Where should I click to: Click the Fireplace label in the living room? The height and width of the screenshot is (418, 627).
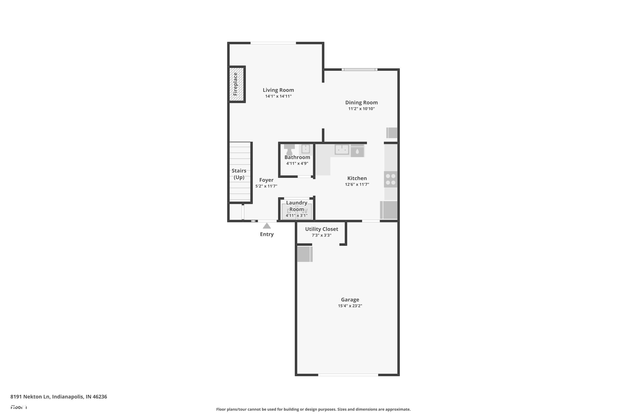(x=235, y=84)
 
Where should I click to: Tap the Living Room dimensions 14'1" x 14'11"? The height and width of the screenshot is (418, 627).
(x=278, y=96)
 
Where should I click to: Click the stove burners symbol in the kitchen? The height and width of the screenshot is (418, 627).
(x=391, y=179)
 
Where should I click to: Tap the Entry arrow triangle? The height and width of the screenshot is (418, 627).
(x=267, y=226)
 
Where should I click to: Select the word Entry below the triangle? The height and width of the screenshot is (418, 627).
(x=267, y=234)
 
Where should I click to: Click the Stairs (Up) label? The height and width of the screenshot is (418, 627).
(x=239, y=174)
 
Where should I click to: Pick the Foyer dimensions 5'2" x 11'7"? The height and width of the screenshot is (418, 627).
(x=266, y=186)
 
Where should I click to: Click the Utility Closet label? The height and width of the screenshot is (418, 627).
(x=321, y=229)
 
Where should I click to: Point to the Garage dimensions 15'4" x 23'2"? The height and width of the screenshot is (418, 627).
(x=350, y=306)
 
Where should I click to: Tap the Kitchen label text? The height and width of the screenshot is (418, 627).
(x=357, y=178)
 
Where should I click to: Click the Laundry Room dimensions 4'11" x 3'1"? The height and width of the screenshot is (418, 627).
(x=296, y=215)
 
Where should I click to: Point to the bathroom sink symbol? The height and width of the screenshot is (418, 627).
(x=306, y=149)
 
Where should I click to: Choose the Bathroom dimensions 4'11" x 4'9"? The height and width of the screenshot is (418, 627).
(x=297, y=163)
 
